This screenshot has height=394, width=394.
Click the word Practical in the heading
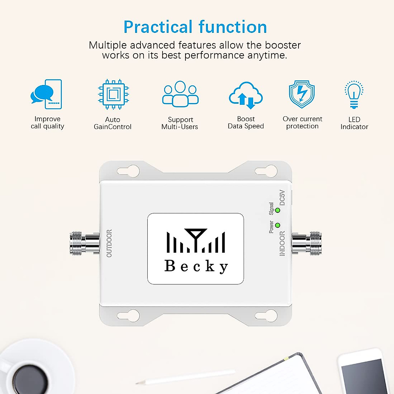click(158, 27)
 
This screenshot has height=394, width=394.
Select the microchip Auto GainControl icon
click(113, 94)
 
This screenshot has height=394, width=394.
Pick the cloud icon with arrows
click(246, 95)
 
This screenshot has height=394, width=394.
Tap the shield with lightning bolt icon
click(302, 94)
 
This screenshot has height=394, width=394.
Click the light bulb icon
click(354, 94)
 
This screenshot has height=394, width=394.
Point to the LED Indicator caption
click(354, 123)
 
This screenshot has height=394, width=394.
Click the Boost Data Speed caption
click(246, 122)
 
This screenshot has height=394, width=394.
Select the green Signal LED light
click(278, 210)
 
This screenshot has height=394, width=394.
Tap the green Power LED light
click(278, 225)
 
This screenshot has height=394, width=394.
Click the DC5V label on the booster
click(282, 198)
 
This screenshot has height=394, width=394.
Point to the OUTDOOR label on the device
click(109, 243)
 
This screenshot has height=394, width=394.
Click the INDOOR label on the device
click(282, 243)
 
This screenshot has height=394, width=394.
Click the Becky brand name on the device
click(196, 266)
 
